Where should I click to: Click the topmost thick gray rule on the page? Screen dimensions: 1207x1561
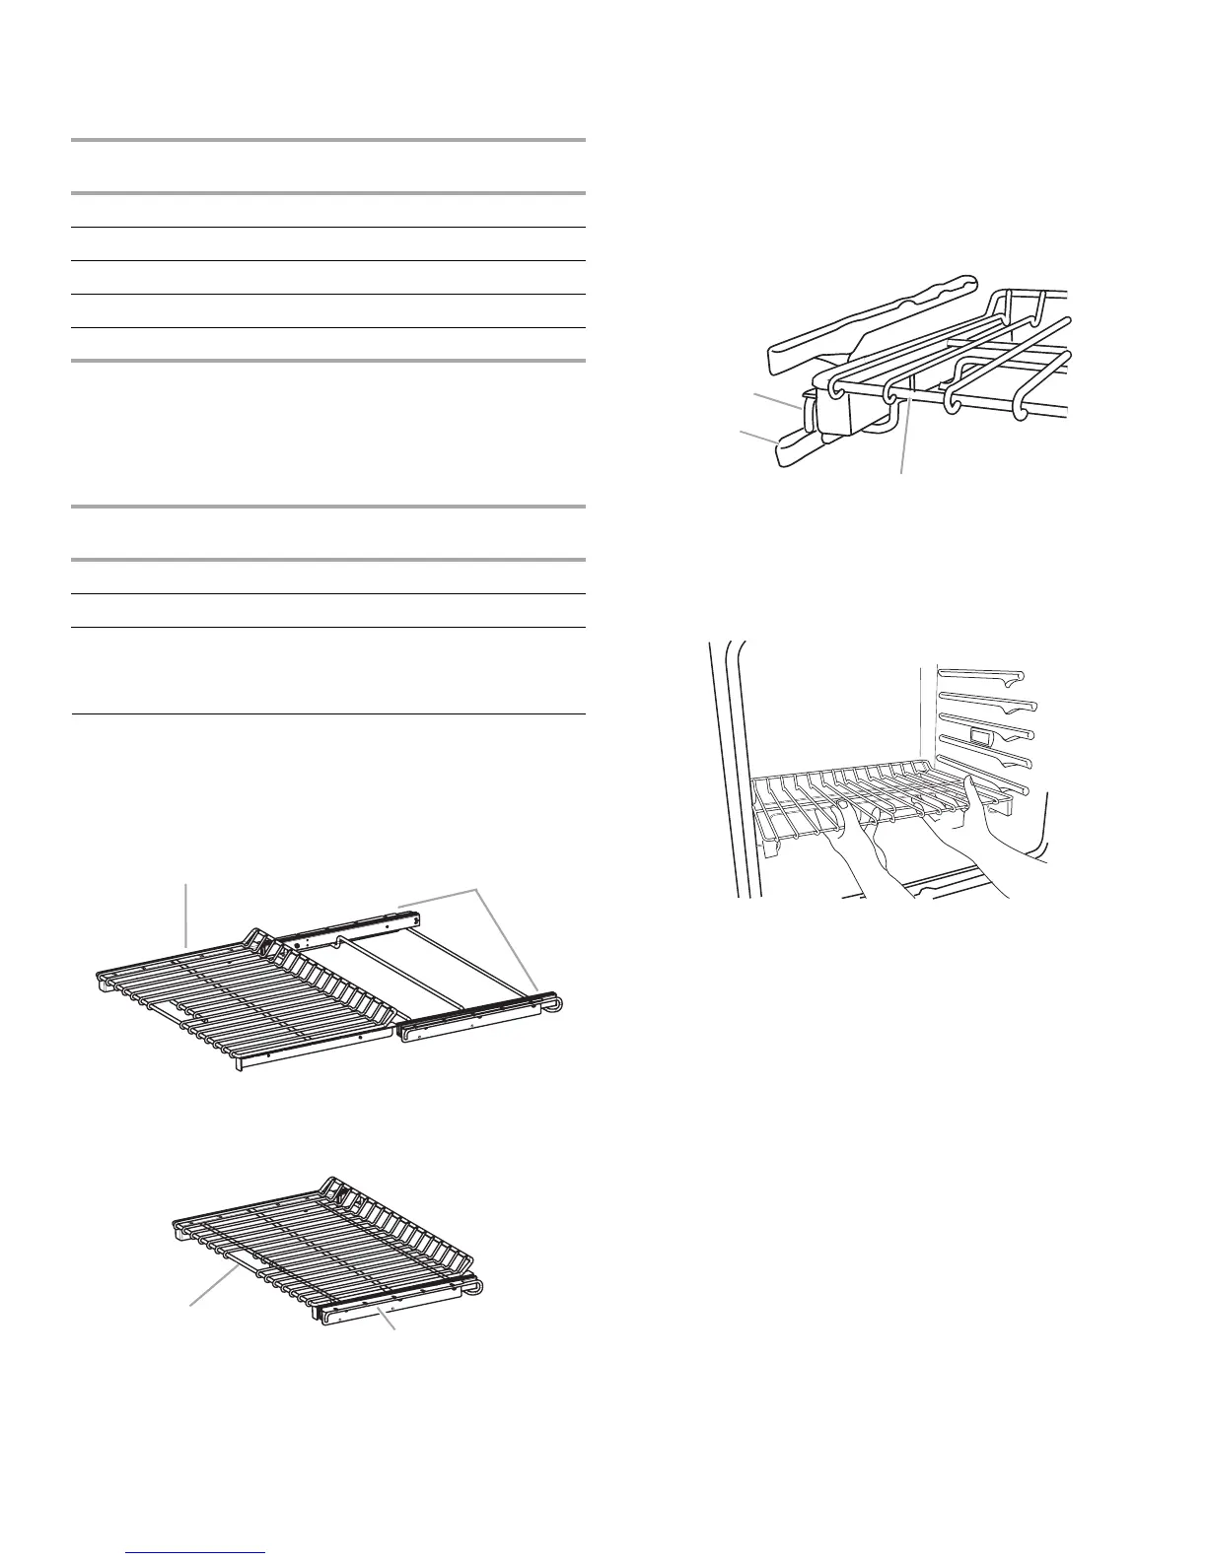point(328,141)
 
